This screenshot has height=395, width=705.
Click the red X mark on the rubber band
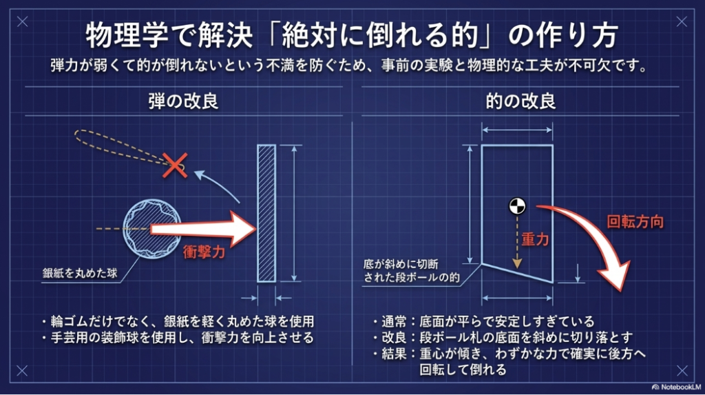(x=177, y=164)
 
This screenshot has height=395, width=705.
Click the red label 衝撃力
(x=204, y=252)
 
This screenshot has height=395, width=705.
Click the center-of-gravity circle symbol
(x=517, y=205)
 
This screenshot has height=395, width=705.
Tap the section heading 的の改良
(x=521, y=101)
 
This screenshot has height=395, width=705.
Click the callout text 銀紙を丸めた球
(x=78, y=273)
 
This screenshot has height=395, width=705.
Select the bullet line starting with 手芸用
(x=178, y=338)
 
